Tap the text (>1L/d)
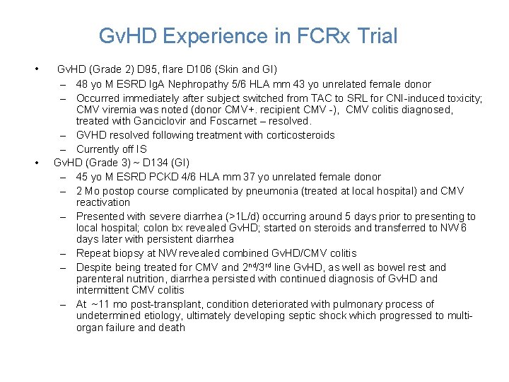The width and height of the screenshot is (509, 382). click(262, 216)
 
